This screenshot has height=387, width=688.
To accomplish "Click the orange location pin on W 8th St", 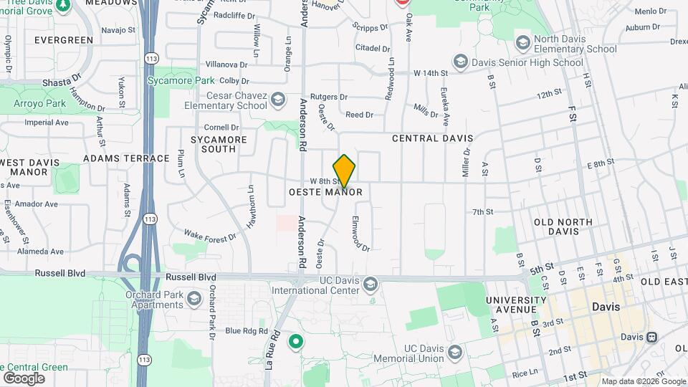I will point(344,171).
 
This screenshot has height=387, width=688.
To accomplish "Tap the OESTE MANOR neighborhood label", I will point(325,193).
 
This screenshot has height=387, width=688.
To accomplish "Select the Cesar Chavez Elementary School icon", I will point(278,101).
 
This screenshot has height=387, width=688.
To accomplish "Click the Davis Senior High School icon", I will point(459,62).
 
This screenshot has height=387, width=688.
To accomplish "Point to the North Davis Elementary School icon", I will point(522,43).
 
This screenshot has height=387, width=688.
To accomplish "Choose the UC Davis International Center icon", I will point(370,285).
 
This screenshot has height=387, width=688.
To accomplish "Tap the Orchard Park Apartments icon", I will point(193,298).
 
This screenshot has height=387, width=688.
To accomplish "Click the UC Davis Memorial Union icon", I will point(453,352).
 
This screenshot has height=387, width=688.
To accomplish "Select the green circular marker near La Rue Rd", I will point(295,341).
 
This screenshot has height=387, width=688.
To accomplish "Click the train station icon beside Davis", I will point(652,337).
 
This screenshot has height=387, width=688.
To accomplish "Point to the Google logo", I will point(24,378).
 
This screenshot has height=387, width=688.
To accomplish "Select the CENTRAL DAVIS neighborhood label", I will point(433,138).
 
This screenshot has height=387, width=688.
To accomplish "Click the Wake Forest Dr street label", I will point(210,234).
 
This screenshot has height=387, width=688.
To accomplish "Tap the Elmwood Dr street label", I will point(360,234).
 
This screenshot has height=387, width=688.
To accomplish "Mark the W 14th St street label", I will point(430,73).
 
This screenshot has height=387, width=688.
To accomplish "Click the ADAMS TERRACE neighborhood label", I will point(126,158).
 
